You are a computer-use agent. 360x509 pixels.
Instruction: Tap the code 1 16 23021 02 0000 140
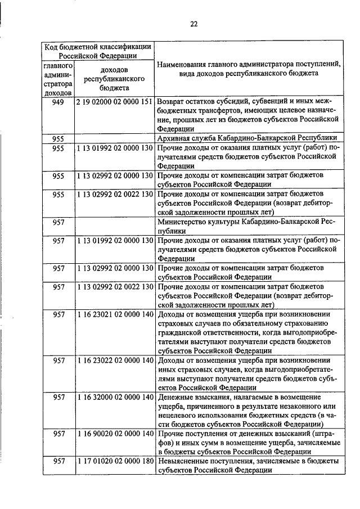coord(115,314)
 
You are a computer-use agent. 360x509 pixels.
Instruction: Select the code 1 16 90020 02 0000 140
coord(115,434)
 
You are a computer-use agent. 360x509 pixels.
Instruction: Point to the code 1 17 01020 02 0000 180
coord(115,462)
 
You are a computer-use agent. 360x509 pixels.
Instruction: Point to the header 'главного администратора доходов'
coord(58,79)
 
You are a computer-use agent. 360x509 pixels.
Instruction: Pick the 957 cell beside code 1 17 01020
coord(58,462)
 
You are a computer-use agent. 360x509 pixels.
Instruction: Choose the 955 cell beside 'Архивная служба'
coord(58,138)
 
